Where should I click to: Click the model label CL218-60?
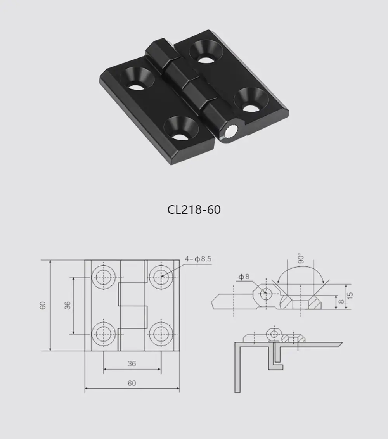(194, 209)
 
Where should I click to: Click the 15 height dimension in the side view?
(350, 296)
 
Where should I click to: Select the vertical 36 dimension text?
(68, 305)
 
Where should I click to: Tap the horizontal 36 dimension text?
(132, 363)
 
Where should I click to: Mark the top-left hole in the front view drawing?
(103, 277)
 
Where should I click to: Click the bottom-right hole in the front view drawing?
(161, 333)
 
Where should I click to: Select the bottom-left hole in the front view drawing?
(103, 333)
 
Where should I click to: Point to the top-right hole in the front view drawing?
(161, 277)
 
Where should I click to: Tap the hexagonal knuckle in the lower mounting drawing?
(274, 334)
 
